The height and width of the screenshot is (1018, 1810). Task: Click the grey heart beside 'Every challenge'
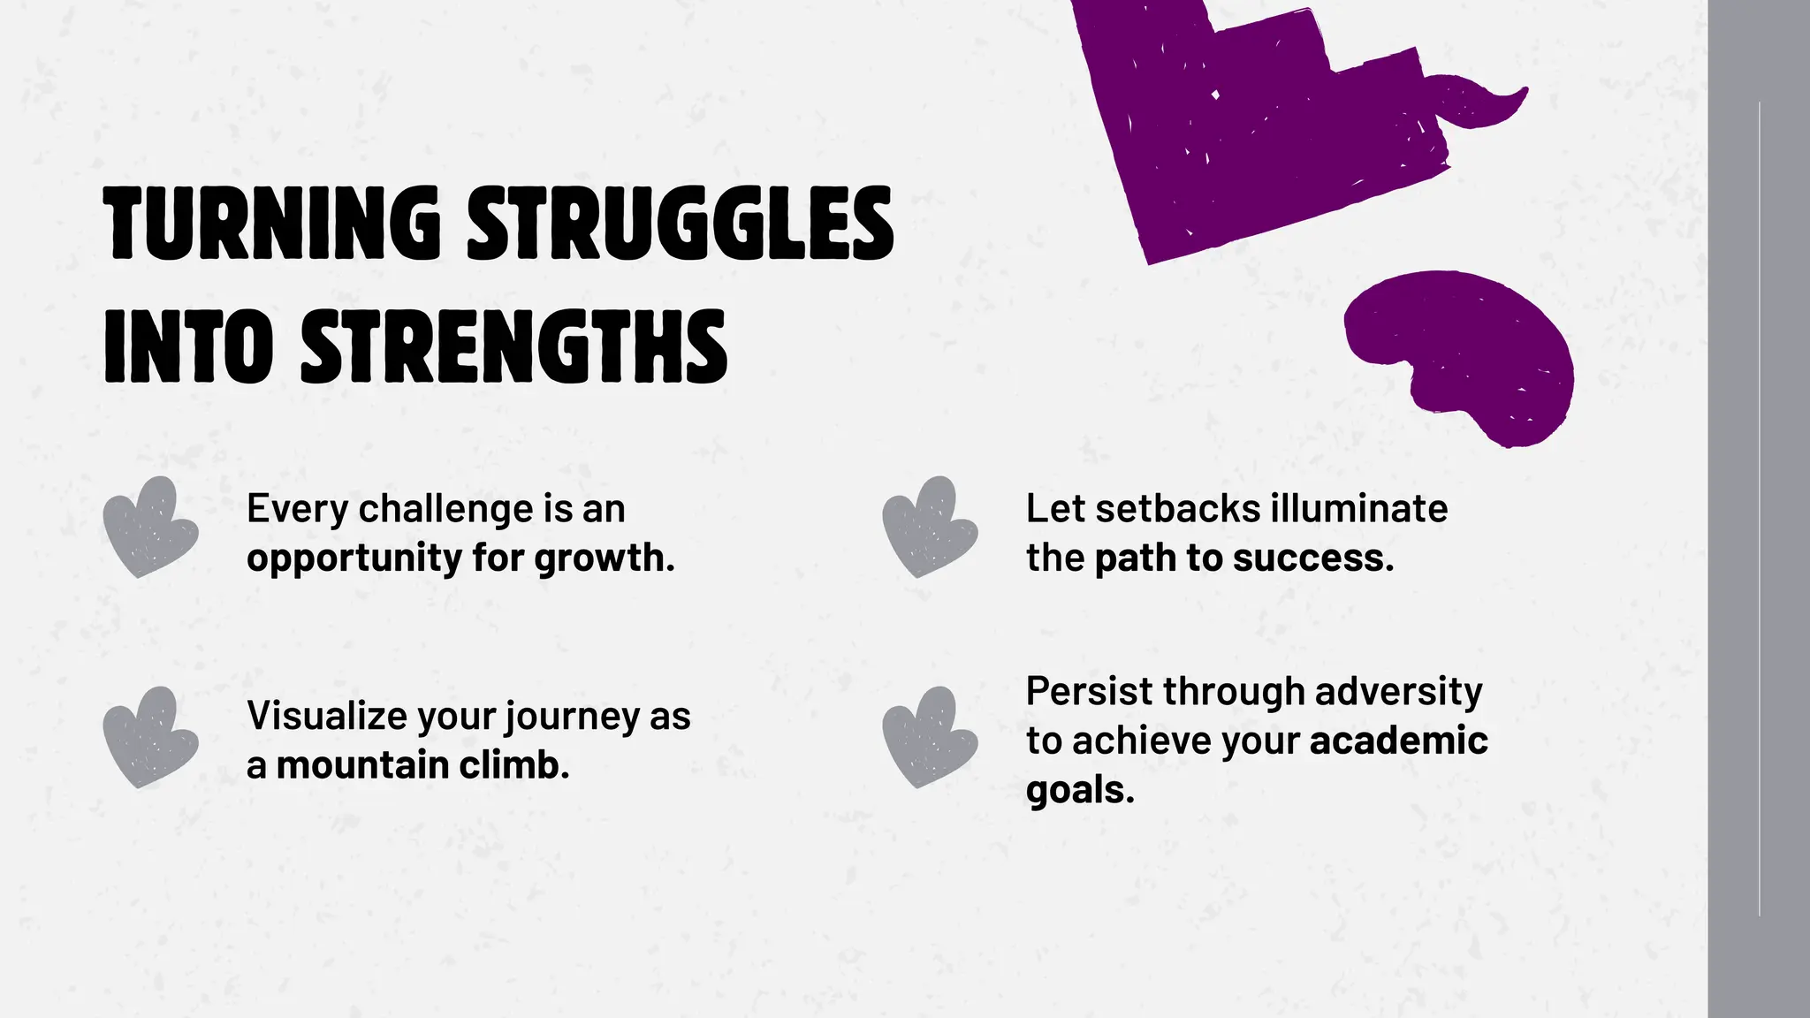point(149,528)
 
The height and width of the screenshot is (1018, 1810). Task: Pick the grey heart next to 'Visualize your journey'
point(149,738)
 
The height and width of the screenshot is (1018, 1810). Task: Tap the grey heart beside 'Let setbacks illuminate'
point(929,528)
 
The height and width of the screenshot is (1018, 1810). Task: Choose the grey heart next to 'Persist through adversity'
point(929,738)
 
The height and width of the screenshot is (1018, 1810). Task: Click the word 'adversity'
point(1399,691)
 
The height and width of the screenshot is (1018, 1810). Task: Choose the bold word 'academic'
point(1398,741)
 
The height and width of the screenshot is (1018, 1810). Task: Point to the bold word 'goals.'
point(1080,790)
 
